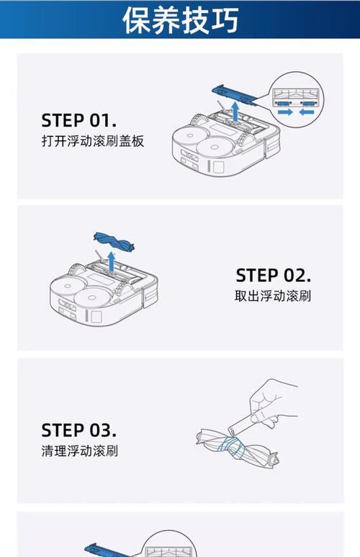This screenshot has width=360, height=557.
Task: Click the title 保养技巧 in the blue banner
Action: [180, 19]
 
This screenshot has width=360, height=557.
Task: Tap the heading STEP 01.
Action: [79, 119]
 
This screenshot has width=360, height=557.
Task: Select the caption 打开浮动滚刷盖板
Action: [93, 141]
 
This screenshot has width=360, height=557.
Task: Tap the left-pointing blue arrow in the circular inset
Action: [310, 112]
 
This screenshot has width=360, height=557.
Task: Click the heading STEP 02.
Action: [273, 275]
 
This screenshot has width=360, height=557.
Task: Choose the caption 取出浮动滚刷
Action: [273, 296]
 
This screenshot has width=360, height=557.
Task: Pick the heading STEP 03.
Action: [79, 430]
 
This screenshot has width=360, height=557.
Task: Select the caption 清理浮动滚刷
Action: [80, 452]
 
